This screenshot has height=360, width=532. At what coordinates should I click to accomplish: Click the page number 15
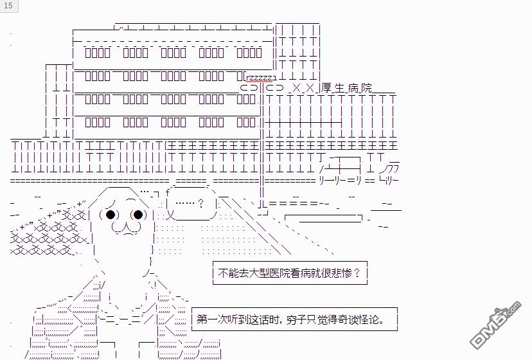click(x=8, y=6)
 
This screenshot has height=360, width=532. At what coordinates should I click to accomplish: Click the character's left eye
click(x=111, y=215)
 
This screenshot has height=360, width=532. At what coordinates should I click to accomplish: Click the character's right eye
click(x=137, y=215)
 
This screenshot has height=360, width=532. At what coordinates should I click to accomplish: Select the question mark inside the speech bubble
click(x=201, y=204)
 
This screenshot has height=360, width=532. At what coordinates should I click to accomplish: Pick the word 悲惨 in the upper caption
click(x=341, y=273)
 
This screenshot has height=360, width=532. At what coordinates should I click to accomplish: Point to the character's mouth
click(x=125, y=228)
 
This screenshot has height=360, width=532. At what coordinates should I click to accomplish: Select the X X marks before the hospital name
click(x=302, y=89)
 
